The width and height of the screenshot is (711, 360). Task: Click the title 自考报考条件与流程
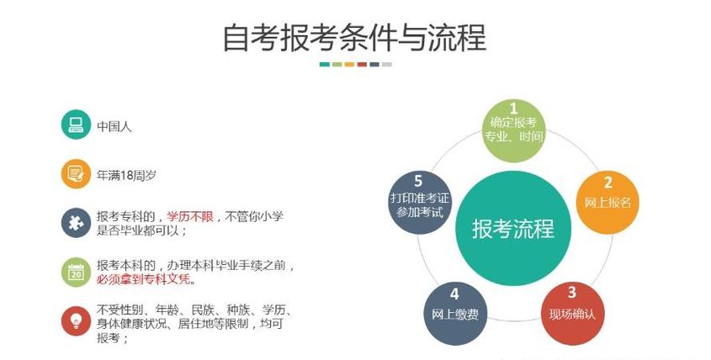pos(354,38)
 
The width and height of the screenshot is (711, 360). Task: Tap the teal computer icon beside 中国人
pos(76,126)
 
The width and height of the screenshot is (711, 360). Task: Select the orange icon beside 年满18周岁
pos(76,174)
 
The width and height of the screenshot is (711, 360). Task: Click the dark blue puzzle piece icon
pos(76,223)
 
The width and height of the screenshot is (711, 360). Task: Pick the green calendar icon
pos(76,272)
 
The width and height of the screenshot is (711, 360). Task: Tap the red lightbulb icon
pos(76,321)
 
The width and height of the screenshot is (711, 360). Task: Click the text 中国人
pos(114,127)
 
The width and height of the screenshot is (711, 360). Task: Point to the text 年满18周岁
pos(127,175)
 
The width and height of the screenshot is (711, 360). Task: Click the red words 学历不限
pos(191,216)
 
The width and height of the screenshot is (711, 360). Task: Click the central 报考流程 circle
pos(512,225)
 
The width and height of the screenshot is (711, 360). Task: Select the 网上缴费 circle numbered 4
pos(454,313)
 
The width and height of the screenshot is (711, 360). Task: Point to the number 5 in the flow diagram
pos(418,180)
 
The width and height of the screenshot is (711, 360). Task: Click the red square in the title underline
pos(361,64)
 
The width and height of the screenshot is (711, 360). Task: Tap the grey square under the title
pos(386,64)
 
